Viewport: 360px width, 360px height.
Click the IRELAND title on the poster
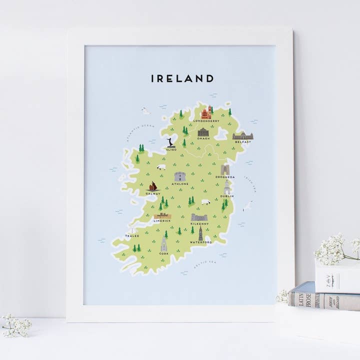[182, 78]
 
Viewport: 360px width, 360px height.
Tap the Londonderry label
[205, 120]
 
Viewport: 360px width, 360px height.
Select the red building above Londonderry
[205, 113]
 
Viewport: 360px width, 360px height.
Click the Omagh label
[203, 139]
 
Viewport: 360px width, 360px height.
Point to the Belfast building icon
[242, 135]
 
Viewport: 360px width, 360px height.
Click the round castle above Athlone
[179, 176]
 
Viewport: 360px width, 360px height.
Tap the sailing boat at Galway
[153, 186]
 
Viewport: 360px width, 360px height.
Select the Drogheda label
[225, 176]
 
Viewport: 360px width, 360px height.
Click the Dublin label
[226, 196]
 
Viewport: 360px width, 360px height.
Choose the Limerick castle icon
[162, 216]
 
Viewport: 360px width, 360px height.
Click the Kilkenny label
[199, 223]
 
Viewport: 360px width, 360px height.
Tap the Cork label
[164, 253]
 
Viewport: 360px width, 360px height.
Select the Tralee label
[132, 235]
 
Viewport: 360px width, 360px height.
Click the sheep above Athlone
[161, 167]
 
